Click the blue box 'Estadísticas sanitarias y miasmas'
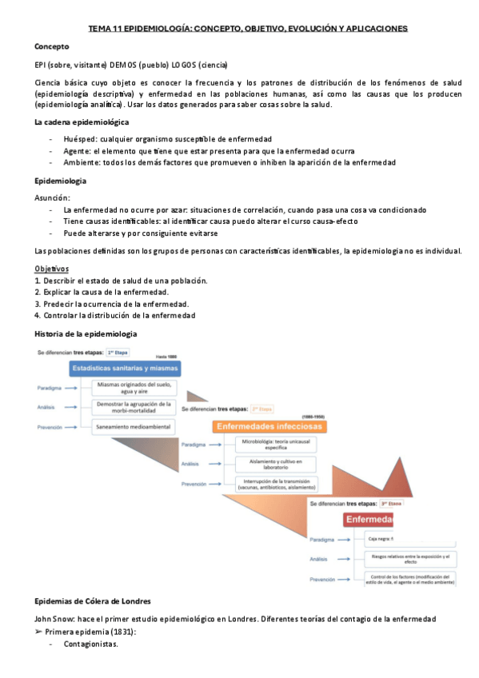coord(125,369)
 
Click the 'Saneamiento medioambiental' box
coord(134,427)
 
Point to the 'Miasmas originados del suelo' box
coord(134,388)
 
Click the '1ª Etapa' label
coord(118,352)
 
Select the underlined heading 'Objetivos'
coord(52,268)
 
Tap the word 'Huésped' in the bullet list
coord(80,138)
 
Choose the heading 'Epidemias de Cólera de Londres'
coord(94,601)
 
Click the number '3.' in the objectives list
coord(38,304)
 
